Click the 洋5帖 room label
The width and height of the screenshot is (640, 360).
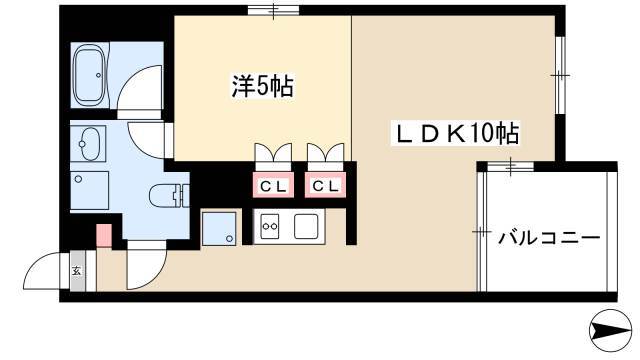coord(262,86)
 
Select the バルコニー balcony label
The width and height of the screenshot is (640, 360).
coord(549,237)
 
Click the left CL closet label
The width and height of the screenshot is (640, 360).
coord(273,187)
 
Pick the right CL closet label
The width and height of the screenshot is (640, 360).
coord(325,187)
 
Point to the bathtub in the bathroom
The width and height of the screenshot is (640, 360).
coord(90,75)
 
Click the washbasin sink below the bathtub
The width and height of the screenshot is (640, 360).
coord(89,144)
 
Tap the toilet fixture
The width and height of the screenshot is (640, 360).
coord(169,197)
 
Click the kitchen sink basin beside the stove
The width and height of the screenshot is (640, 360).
coord(306,226)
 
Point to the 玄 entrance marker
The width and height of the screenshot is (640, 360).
coord(77,270)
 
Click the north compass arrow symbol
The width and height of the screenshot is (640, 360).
coord(611,330)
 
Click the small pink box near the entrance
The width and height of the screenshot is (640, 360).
coord(104,236)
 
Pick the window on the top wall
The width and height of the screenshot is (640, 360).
coord(273,10)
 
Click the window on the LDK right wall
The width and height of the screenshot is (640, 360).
coord(560,76)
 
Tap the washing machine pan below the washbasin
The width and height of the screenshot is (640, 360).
coord(89,191)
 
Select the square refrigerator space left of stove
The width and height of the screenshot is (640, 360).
coord(219,229)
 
